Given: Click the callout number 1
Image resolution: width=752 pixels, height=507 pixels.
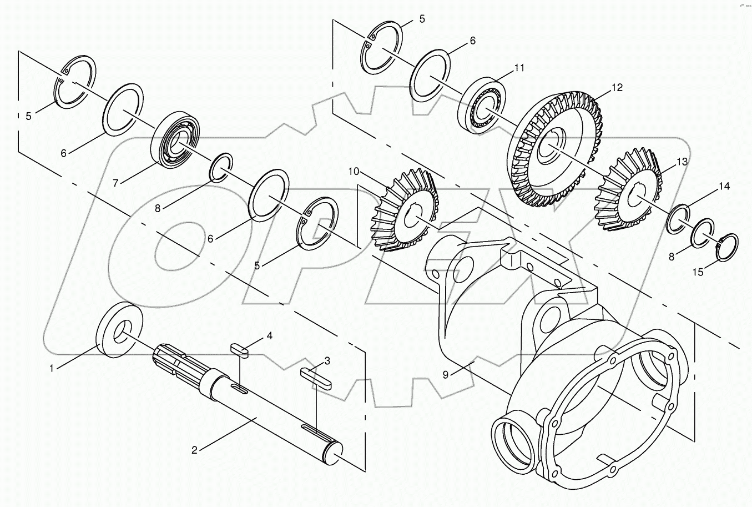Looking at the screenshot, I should [52, 368].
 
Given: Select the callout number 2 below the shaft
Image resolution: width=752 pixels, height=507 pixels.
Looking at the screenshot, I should [194, 450].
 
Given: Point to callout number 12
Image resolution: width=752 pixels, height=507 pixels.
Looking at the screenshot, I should [617, 88].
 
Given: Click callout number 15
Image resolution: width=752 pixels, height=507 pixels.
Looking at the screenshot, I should [698, 272].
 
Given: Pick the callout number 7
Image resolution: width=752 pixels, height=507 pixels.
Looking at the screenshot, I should [115, 182].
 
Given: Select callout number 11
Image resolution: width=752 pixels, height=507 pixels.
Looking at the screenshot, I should [518, 68].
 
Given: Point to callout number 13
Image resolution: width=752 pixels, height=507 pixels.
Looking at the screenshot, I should [682, 162].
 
